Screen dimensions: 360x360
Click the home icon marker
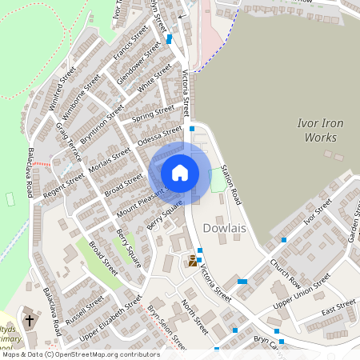(180, 173)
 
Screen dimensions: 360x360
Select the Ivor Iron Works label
(320, 130)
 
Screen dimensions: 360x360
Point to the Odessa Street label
(161, 138)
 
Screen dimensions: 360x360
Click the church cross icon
(30, 321)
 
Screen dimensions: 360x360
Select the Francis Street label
(130, 43)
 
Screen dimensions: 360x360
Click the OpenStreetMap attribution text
(80, 354)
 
